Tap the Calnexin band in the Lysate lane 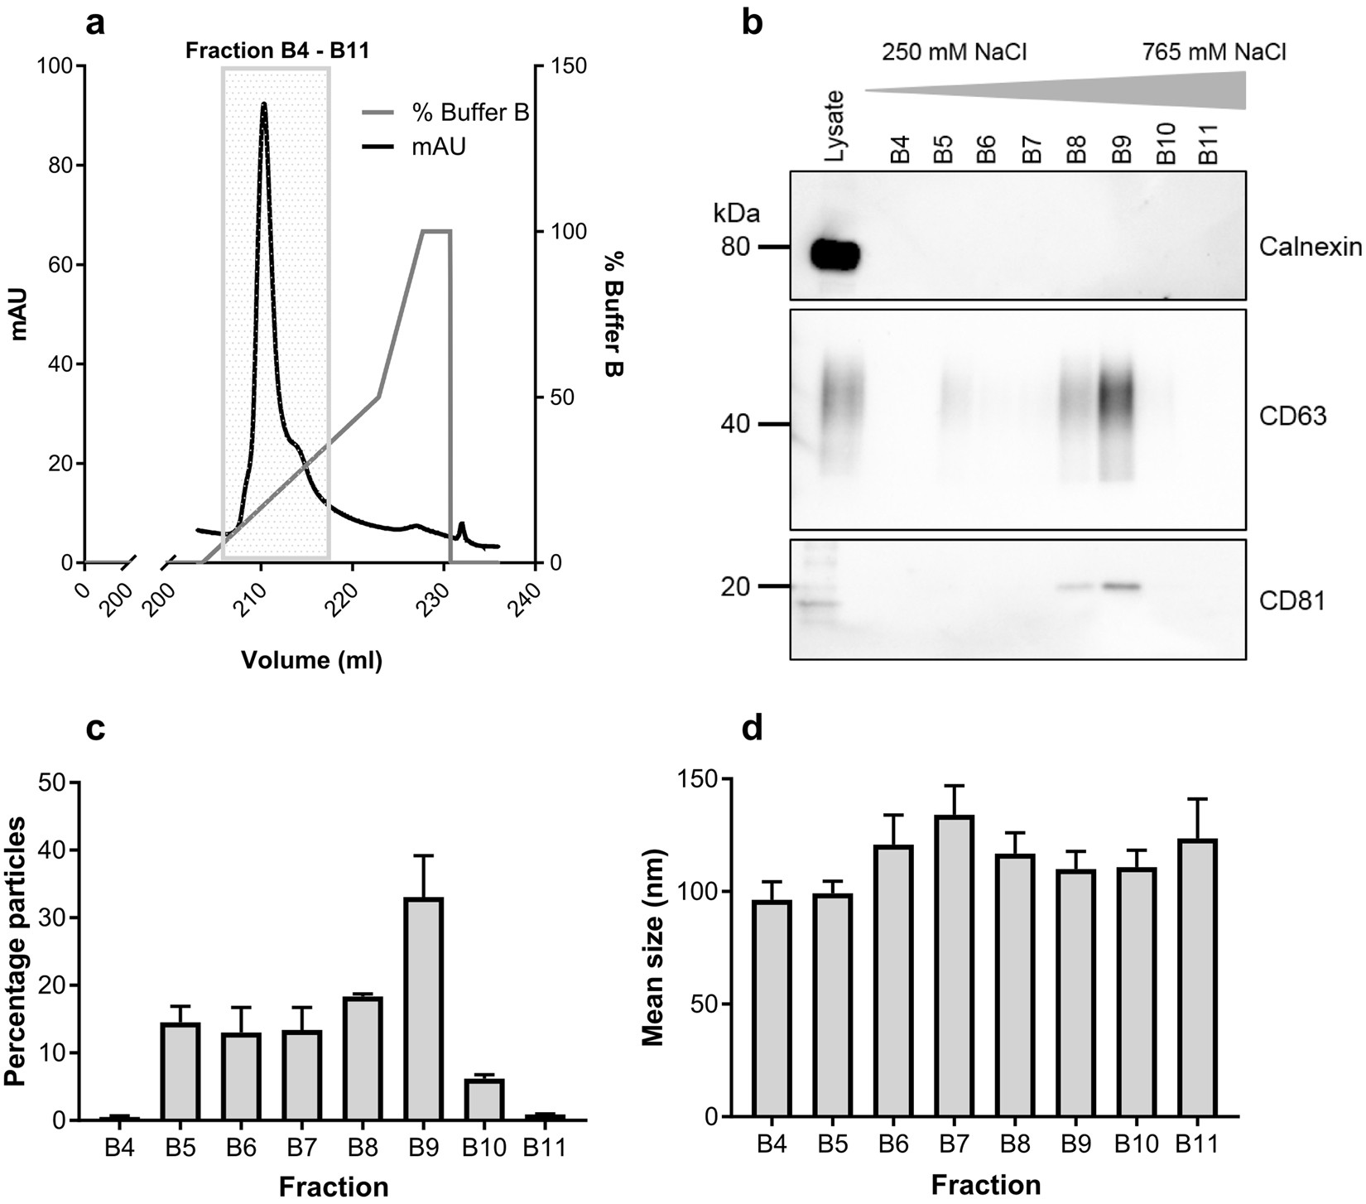tap(835, 254)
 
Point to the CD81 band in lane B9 tap(1119, 586)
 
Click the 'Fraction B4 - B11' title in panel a tap(277, 51)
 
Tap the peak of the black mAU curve tap(263, 104)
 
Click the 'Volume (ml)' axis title tap(311, 660)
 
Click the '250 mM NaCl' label tap(954, 52)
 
